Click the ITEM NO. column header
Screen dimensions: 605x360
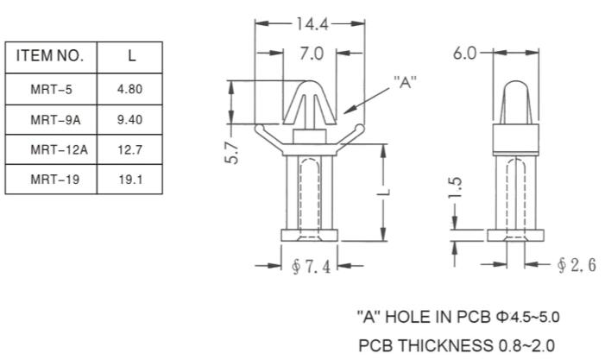tap(50, 56)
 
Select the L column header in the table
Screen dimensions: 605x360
tap(131, 56)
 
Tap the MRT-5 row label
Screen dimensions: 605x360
tap(51, 90)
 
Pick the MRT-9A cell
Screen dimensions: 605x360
tap(55, 120)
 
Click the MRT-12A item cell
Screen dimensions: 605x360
tap(59, 149)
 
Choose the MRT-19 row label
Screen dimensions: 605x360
tap(55, 179)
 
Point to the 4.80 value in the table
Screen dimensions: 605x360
tap(130, 89)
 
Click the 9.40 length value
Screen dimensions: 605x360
tap(130, 120)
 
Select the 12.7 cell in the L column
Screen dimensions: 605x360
tap(130, 149)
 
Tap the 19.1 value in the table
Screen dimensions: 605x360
tap(130, 179)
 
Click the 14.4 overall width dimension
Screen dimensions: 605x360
tap(312, 24)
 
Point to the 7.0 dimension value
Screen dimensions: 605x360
tap(312, 54)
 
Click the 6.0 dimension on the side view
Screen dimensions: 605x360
tap(465, 54)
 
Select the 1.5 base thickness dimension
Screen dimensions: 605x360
tap(455, 188)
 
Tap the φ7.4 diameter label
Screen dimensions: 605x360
tap(312, 267)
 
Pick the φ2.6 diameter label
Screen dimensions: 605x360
tap(577, 265)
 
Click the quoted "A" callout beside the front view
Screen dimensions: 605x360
tap(405, 82)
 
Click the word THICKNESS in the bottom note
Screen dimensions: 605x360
tap(445, 345)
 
